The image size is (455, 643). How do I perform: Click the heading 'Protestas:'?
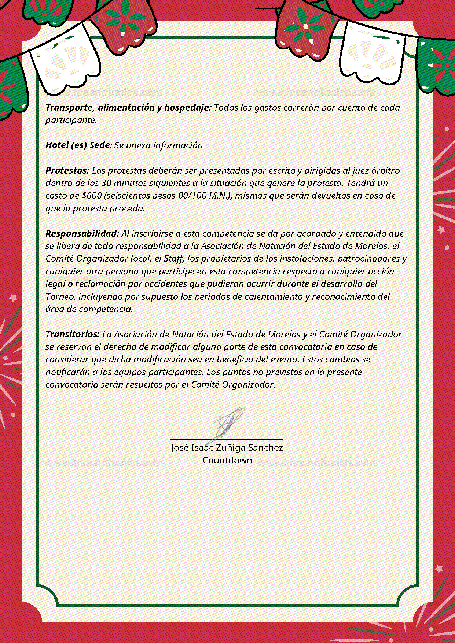pos(67,171)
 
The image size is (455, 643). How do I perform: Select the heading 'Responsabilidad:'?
pos(82,234)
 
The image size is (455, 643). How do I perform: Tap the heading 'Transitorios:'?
pos(73,335)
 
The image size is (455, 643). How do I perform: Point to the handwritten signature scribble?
pos(228,423)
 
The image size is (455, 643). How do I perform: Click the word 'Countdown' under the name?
pos(227,461)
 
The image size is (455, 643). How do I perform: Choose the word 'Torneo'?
pos(60,297)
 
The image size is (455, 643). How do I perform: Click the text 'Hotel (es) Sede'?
pos(78,145)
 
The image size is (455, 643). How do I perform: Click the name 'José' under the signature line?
pos(180,448)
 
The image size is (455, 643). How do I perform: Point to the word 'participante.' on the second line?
pos(71,120)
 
